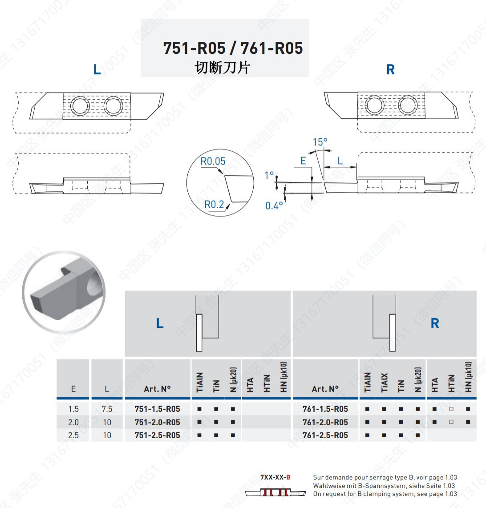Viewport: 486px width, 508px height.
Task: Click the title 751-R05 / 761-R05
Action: [x=233, y=48]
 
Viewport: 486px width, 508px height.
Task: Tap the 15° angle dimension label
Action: [x=320, y=142]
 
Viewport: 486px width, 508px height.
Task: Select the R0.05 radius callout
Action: [x=213, y=161]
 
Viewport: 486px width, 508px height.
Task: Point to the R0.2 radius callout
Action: [x=214, y=205]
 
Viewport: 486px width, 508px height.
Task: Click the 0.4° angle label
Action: [x=274, y=206]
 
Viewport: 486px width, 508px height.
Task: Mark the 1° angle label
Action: [x=269, y=175]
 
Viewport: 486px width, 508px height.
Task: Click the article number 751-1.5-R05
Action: [x=157, y=409]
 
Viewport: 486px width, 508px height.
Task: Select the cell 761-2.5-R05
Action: [x=325, y=435]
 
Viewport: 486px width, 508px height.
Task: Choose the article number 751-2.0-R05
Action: [x=157, y=423]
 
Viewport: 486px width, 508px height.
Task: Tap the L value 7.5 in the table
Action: [x=107, y=409]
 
